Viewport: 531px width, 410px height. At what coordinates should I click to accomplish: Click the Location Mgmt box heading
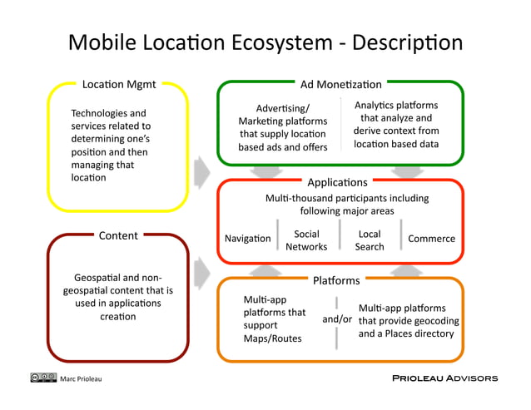[x=119, y=84]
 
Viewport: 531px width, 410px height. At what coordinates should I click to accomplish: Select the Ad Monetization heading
[x=340, y=84]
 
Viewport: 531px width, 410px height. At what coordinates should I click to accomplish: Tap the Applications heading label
[x=337, y=182]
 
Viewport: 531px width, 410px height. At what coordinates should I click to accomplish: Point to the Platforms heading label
[x=336, y=280]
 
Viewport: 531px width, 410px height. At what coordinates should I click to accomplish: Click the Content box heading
[x=118, y=235]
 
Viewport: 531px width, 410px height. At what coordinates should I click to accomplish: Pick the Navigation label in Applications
[x=248, y=239]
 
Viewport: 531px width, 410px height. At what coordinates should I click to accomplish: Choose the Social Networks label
[x=306, y=240]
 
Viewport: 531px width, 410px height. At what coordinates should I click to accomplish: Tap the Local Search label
[x=370, y=240]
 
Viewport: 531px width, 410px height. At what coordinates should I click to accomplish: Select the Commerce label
[x=431, y=239]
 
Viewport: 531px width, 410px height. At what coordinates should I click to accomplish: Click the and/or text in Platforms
[x=337, y=319]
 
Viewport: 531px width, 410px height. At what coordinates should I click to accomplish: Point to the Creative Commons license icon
[x=43, y=378]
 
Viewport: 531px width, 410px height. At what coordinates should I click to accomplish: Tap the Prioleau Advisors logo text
[x=444, y=378]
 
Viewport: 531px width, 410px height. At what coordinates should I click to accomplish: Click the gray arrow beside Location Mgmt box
[x=201, y=172]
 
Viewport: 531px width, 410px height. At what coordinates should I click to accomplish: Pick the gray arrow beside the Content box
[x=201, y=270]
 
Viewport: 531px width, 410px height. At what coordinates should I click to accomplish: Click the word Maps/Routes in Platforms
[x=272, y=338]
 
